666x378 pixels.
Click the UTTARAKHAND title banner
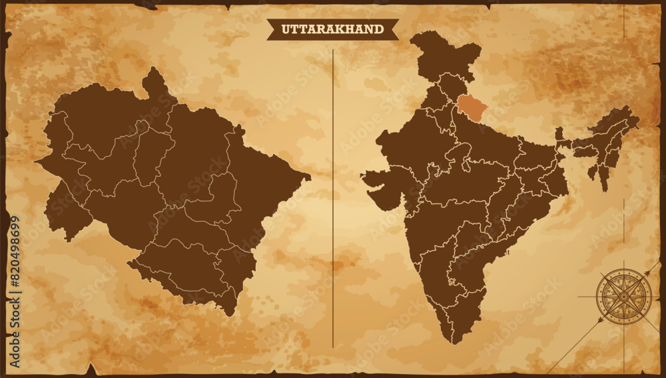pyautogui.click(x=332, y=29)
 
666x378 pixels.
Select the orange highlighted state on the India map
pyautogui.click(x=472, y=105)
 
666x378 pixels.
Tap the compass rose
pyautogui.click(x=623, y=296)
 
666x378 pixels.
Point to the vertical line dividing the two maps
pyautogui.click(x=332, y=200)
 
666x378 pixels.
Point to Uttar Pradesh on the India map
pyautogui.click(x=486, y=143)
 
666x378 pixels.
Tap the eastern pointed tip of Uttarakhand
pyautogui.click(x=308, y=177)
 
